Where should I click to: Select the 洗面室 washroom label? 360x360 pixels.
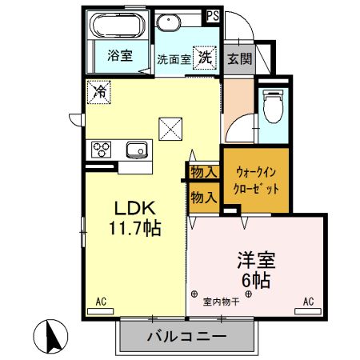tap(172, 58)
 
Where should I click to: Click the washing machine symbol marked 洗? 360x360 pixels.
tap(205, 57)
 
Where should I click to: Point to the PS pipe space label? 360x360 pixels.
tap(214, 15)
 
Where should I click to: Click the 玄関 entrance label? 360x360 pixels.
tap(238, 58)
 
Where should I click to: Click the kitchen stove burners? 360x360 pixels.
tap(102, 150)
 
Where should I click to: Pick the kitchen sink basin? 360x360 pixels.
tap(137, 149)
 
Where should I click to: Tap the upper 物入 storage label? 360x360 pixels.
tap(203, 171)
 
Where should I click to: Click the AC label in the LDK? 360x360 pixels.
tap(102, 302)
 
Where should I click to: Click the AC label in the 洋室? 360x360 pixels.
tap(308, 302)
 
